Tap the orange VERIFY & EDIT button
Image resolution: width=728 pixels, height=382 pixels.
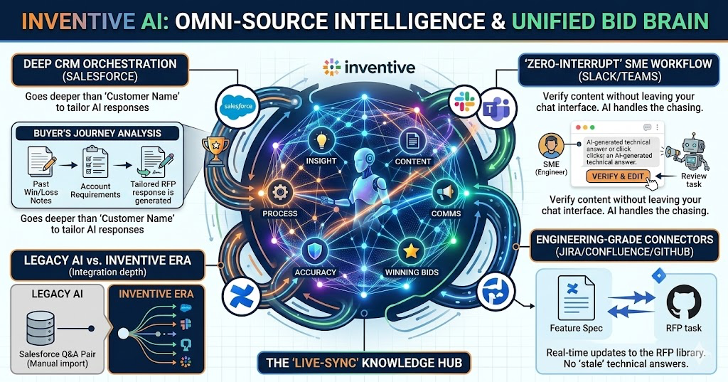[x=617, y=176]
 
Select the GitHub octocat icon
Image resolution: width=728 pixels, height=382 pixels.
[x=683, y=302]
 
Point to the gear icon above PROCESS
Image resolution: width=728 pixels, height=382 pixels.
[x=279, y=192]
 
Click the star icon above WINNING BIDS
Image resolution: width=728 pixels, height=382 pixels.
[x=410, y=250]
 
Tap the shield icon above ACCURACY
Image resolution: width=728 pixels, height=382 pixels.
[x=315, y=250]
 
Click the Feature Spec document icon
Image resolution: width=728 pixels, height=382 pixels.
[x=577, y=299]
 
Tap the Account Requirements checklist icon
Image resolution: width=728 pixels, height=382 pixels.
[x=94, y=162]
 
